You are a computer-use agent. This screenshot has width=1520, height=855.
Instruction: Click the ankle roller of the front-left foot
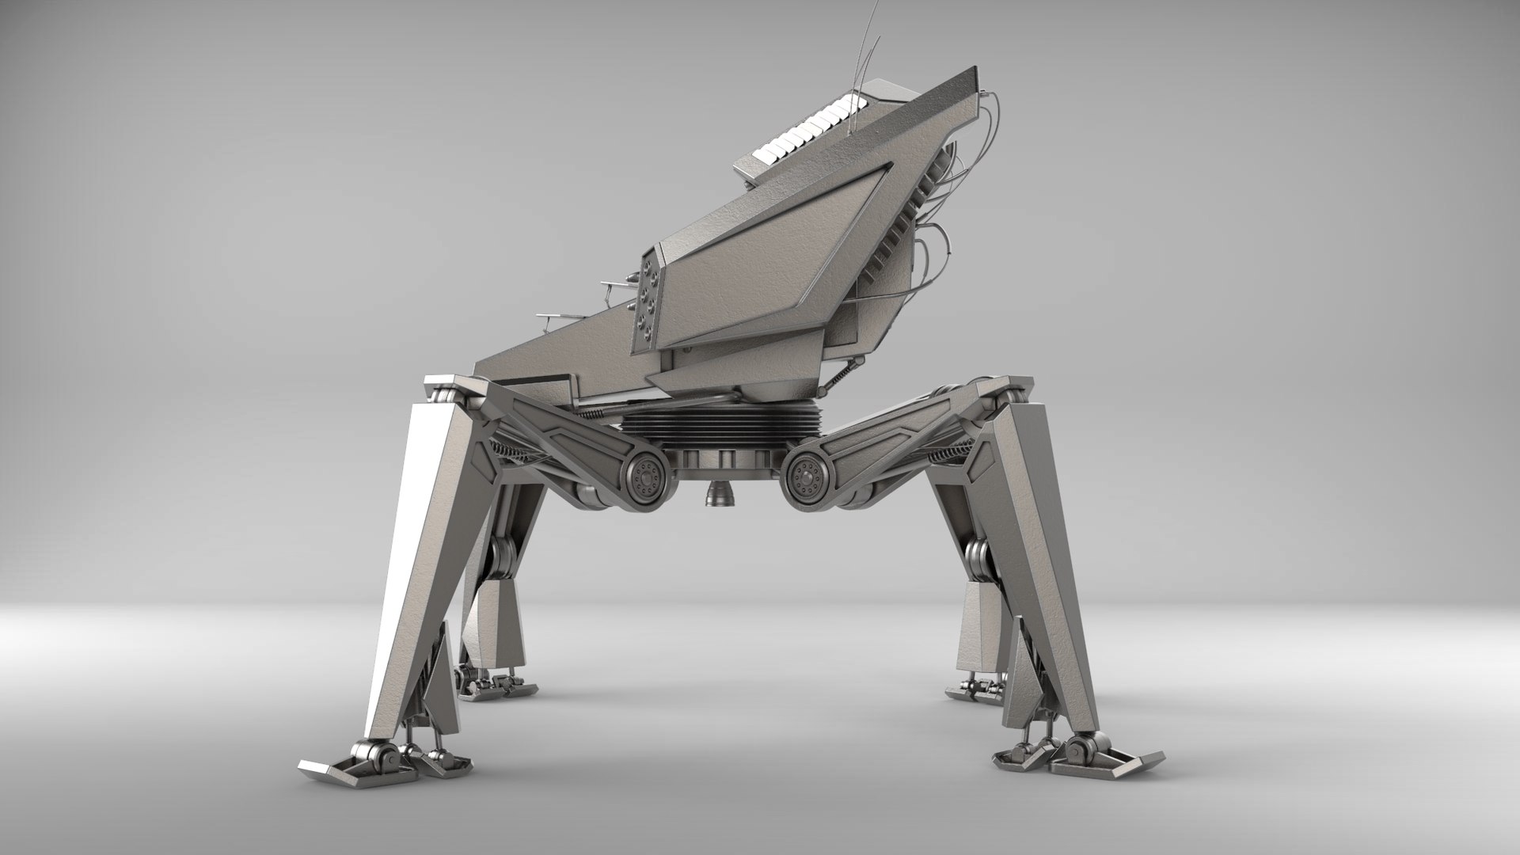378,758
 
